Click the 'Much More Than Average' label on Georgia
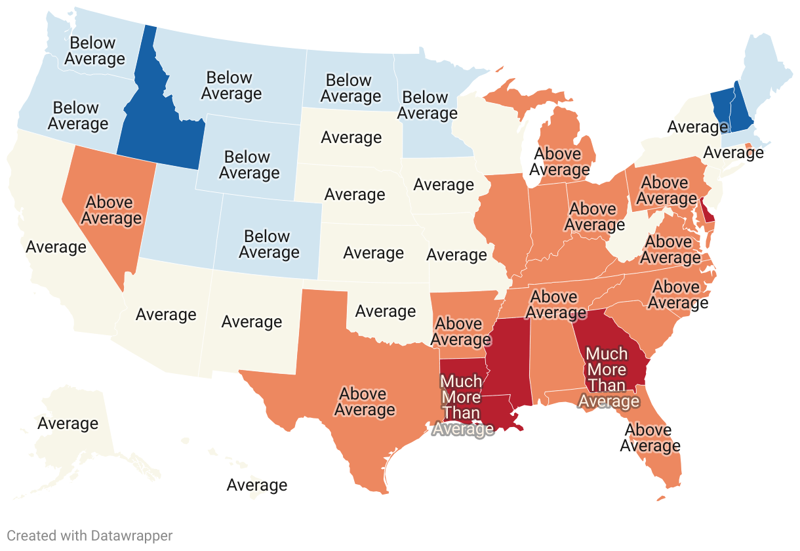(x=608, y=377)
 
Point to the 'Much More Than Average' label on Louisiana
(x=462, y=405)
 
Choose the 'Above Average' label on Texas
(x=364, y=401)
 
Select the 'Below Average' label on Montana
(x=231, y=85)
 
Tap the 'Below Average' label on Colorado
(x=268, y=244)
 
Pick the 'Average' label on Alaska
(x=68, y=423)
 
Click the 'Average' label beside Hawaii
(x=257, y=485)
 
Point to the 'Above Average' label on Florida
(x=650, y=438)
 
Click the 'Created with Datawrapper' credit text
(x=90, y=535)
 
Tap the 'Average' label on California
(x=56, y=247)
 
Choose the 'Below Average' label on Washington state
(x=93, y=51)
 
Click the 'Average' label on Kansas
(x=373, y=253)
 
